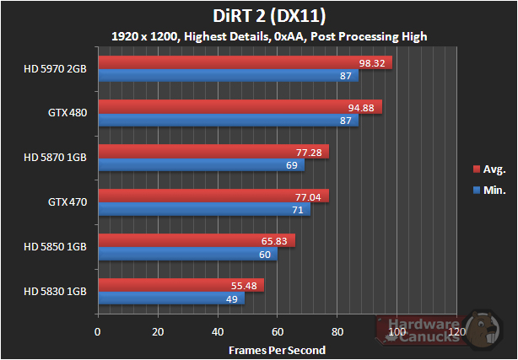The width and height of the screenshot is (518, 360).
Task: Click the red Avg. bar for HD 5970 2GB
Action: pos(246,62)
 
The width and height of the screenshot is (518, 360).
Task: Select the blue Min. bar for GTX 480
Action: pos(229,121)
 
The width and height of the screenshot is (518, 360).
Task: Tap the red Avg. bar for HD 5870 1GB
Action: pos(213,152)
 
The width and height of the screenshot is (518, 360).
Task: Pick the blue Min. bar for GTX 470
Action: pos(204,209)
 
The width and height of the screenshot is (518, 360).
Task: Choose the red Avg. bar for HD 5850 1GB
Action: pos(197,240)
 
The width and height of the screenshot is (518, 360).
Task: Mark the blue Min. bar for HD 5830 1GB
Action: pos(171,298)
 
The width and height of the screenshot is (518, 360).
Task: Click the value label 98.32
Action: pos(375,62)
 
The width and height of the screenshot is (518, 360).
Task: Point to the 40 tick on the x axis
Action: pos(219,332)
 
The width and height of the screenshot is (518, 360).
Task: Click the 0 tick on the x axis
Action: pos(99,332)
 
